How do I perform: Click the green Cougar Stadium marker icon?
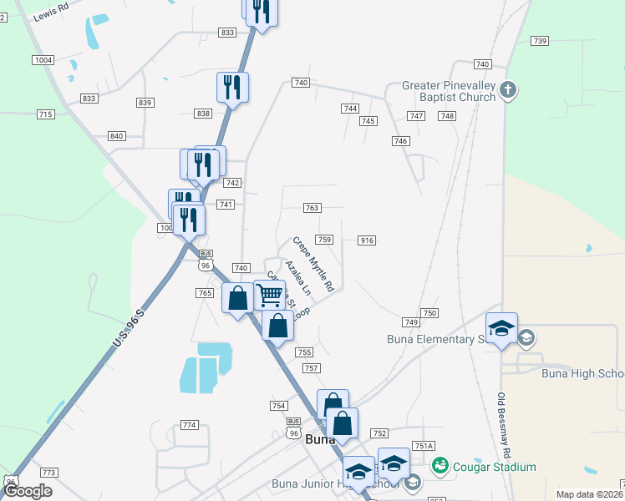(442, 466)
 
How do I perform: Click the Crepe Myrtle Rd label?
(313, 264)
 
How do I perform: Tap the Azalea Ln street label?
(297, 278)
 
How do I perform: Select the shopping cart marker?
(269, 295)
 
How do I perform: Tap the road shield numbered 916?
(367, 240)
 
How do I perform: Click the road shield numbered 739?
(539, 41)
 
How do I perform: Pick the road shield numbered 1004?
(43, 60)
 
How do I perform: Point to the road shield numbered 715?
(45, 114)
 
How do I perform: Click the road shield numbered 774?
(190, 425)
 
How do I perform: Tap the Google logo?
(28, 491)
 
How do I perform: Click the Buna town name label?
(320, 439)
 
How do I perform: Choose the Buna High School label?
(582, 373)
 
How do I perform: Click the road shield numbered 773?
(48, 473)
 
